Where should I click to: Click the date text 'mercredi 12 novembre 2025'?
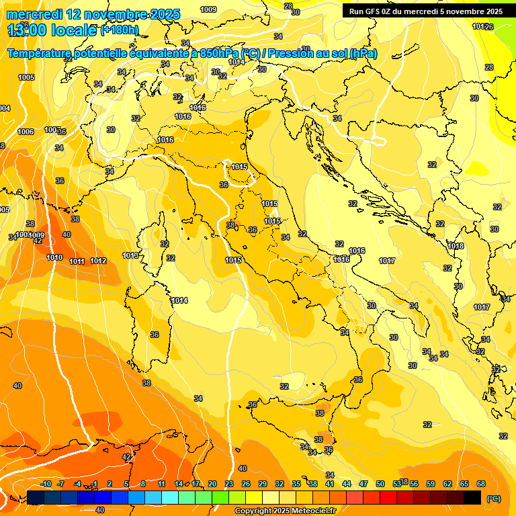point(93,14)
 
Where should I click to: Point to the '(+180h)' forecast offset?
point(119,30)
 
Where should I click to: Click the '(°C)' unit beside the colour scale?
point(493,499)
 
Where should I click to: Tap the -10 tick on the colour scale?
point(46,484)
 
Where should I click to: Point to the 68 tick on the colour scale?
point(481,484)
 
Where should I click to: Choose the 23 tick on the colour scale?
point(228,484)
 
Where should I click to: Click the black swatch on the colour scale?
point(472,497)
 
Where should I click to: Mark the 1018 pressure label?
point(456,246)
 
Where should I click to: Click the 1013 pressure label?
point(131,256)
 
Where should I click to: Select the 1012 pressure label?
point(98,261)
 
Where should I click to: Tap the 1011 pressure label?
point(77,261)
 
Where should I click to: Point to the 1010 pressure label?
point(54,257)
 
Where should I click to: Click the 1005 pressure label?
point(26,78)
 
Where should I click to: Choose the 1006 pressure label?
point(26,132)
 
